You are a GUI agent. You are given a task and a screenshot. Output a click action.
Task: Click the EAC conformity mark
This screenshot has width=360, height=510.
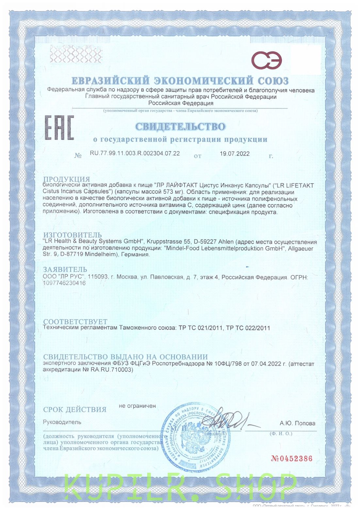click(59, 127)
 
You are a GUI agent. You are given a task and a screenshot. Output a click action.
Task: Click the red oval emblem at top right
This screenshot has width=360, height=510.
click(266, 60)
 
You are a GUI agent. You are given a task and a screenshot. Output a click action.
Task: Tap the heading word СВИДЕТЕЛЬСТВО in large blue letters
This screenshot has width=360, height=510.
click(180, 127)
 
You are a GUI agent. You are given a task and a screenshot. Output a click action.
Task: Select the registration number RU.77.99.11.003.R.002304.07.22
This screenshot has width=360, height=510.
click(135, 153)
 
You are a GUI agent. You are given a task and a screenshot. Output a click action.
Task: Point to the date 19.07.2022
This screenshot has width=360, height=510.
click(234, 154)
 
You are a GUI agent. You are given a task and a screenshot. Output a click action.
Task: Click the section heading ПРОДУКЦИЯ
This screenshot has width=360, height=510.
click(66, 179)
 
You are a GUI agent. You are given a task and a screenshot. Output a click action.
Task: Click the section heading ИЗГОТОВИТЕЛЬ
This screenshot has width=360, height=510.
click(73, 235)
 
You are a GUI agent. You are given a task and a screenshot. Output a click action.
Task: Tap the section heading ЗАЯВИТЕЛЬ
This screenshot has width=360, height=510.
click(65, 269)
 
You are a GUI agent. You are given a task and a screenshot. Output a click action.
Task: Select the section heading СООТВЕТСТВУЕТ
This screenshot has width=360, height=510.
click(75, 322)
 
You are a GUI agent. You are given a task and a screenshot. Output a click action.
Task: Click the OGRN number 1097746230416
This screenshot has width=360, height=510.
click(64, 283)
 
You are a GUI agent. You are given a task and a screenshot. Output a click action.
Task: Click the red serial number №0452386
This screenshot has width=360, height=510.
click(291, 458)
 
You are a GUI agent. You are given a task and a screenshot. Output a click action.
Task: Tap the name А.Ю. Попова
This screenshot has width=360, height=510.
click(297, 423)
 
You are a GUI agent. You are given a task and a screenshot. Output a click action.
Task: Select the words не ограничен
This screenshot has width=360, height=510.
click(137, 406)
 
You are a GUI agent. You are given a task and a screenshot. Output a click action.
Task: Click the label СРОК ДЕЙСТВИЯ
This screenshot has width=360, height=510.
click(75, 409)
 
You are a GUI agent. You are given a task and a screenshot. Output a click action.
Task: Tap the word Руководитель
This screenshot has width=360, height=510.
click(62, 422)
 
